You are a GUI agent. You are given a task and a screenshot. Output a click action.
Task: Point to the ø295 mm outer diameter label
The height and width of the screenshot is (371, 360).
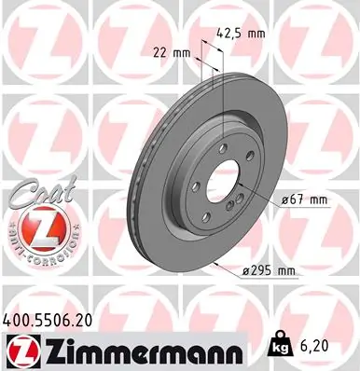point(267,270)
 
